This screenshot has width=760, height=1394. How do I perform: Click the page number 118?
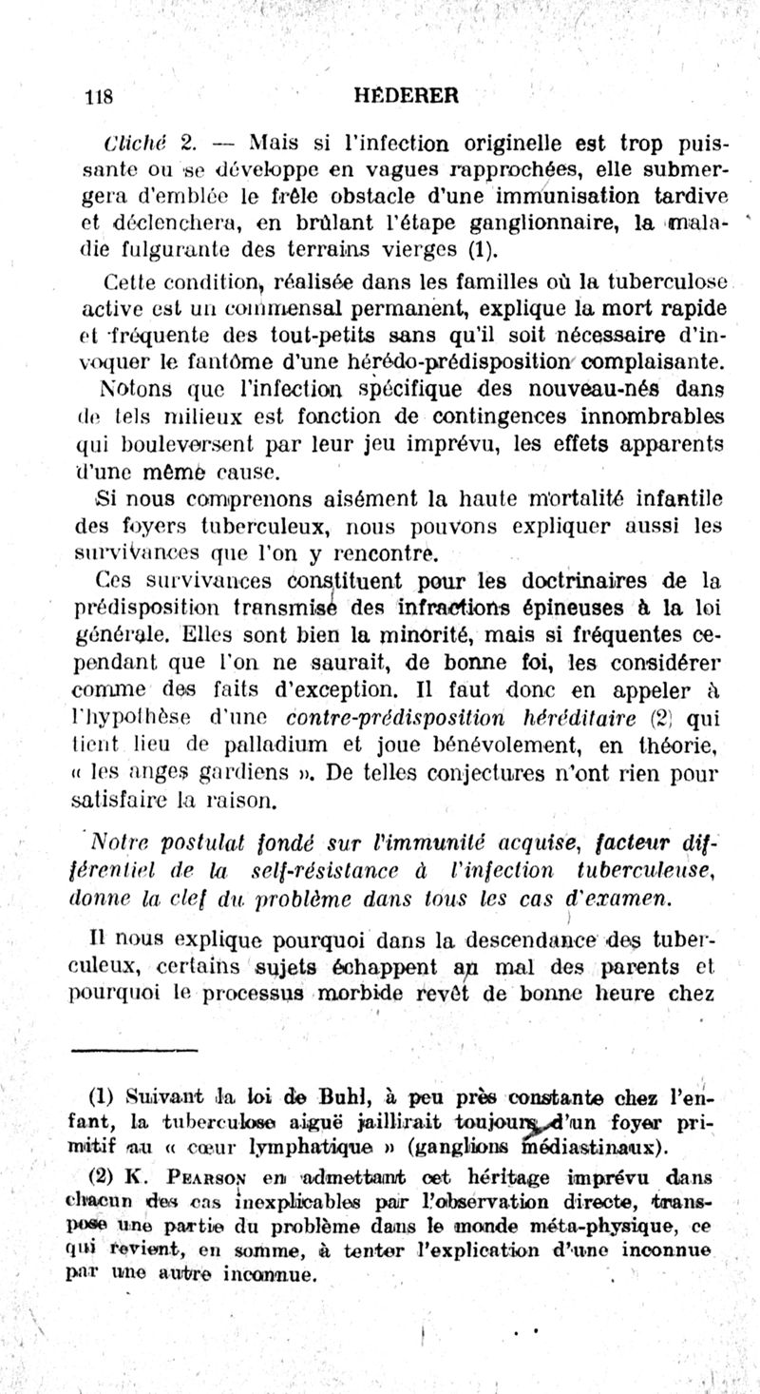[x=100, y=95]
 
